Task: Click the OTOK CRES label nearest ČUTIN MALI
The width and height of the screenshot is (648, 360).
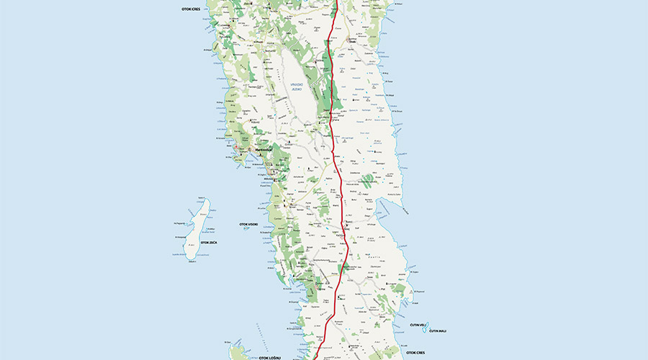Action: pyautogui.click(x=415, y=353)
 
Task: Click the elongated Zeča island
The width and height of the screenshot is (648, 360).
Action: pyautogui.click(x=197, y=227)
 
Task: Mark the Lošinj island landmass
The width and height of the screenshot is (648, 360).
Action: pyautogui.click(x=238, y=354)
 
